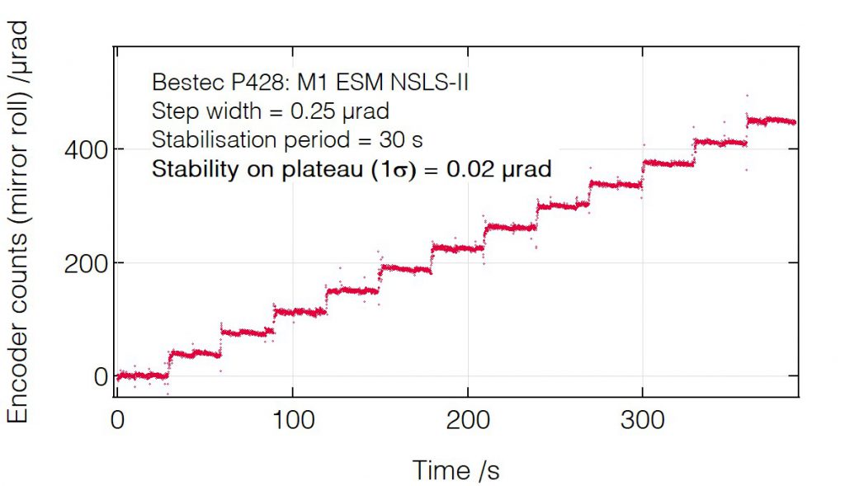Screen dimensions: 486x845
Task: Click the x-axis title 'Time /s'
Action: point(456,469)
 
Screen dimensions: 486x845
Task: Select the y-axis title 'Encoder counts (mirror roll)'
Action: point(18,223)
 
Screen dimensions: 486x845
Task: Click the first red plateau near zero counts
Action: point(142,375)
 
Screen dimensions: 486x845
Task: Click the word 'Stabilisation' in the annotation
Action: point(203,139)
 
